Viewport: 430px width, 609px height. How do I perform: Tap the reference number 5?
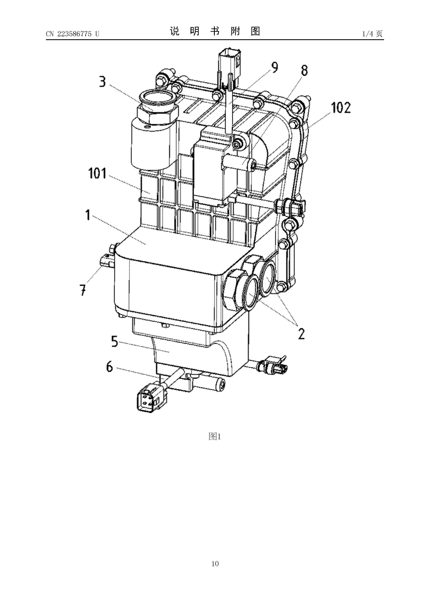114,341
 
